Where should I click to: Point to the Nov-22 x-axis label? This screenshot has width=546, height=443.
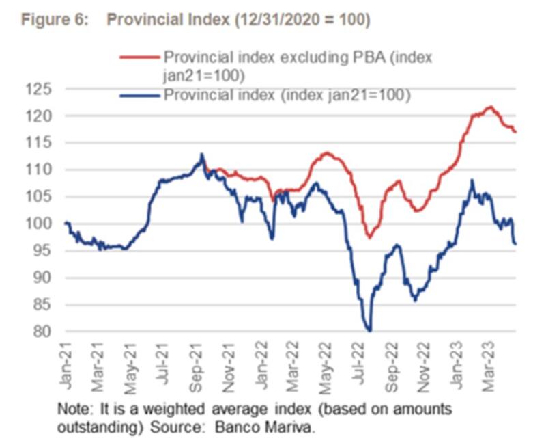click(427, 359)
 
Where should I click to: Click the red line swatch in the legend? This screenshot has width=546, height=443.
click(140, 57)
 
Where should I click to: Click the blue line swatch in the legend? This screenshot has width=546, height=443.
click(140, 95)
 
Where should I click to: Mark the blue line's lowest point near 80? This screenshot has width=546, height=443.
click(369, 330)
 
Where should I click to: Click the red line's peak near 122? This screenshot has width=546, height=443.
click(489, 107)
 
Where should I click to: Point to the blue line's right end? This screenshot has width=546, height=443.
click(516, 243)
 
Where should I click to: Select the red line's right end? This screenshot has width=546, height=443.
click(516, 131)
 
